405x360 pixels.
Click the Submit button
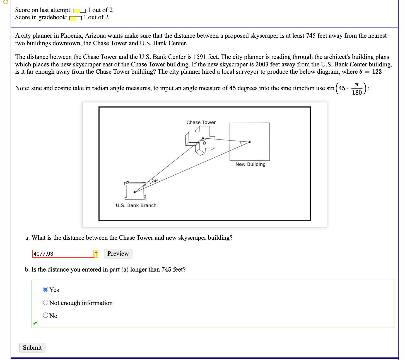point(32,348)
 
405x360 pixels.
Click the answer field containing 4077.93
point(63,254)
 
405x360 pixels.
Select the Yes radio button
point(46,289)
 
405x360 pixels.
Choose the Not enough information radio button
point(46,303)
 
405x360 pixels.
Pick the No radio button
point(46,315)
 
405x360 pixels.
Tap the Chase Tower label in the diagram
point(201,123)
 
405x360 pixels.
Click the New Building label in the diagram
point(250,164)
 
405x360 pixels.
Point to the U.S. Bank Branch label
point(136,205)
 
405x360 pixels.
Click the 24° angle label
point(155,181)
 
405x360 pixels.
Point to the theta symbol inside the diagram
point(204,143)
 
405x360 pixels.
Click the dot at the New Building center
point(250,142)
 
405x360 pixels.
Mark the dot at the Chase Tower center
point(203,138)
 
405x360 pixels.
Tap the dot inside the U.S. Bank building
point(135,192)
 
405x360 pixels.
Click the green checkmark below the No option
point(35,323)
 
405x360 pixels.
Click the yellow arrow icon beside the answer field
point(96,254)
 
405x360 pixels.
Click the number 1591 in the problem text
point(200,57)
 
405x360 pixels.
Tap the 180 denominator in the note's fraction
point(357,92)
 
